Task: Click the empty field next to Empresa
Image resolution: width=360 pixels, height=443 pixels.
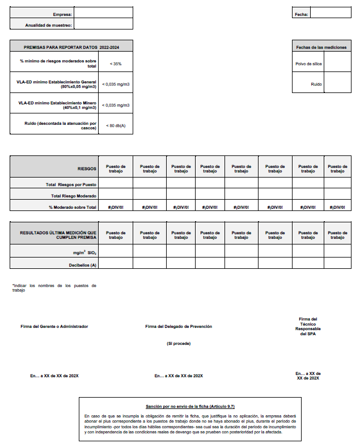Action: point(104,13)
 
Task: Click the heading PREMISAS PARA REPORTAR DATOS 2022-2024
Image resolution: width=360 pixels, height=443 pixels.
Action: point(72,47)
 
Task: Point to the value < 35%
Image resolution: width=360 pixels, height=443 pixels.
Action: point(116,64)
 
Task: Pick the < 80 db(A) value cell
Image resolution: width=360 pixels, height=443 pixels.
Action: point(116,125)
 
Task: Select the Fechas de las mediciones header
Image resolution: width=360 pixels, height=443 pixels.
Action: point(321,47)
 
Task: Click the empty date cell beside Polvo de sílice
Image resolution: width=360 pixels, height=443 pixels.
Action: point(337,64)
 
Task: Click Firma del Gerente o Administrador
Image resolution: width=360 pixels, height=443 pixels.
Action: point(54,327)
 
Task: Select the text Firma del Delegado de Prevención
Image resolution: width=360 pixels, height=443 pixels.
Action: point(179,327)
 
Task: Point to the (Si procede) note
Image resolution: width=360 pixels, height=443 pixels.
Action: point(179,344)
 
